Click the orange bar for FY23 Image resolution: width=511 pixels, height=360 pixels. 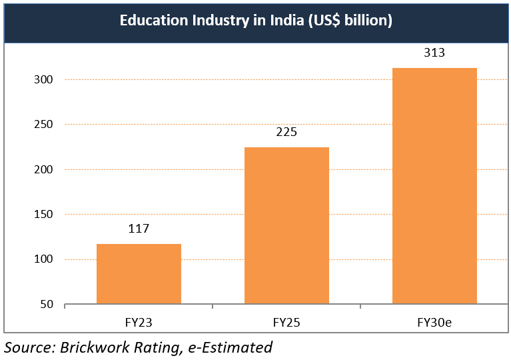139,274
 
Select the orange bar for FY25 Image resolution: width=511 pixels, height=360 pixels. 286,226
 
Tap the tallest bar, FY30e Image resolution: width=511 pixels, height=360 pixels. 434,186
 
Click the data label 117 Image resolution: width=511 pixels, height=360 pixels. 139,229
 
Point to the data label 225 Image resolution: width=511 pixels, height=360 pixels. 286,132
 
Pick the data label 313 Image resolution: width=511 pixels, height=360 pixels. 434,53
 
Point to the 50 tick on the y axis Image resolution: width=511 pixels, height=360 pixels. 47,305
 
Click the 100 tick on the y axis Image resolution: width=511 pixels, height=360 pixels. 44,259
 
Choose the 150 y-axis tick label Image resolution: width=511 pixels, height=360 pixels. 44,215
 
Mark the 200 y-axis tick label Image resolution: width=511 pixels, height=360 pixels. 44,169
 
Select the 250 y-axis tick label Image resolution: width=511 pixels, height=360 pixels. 44,125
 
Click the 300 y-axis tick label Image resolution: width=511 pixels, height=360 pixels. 44,79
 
